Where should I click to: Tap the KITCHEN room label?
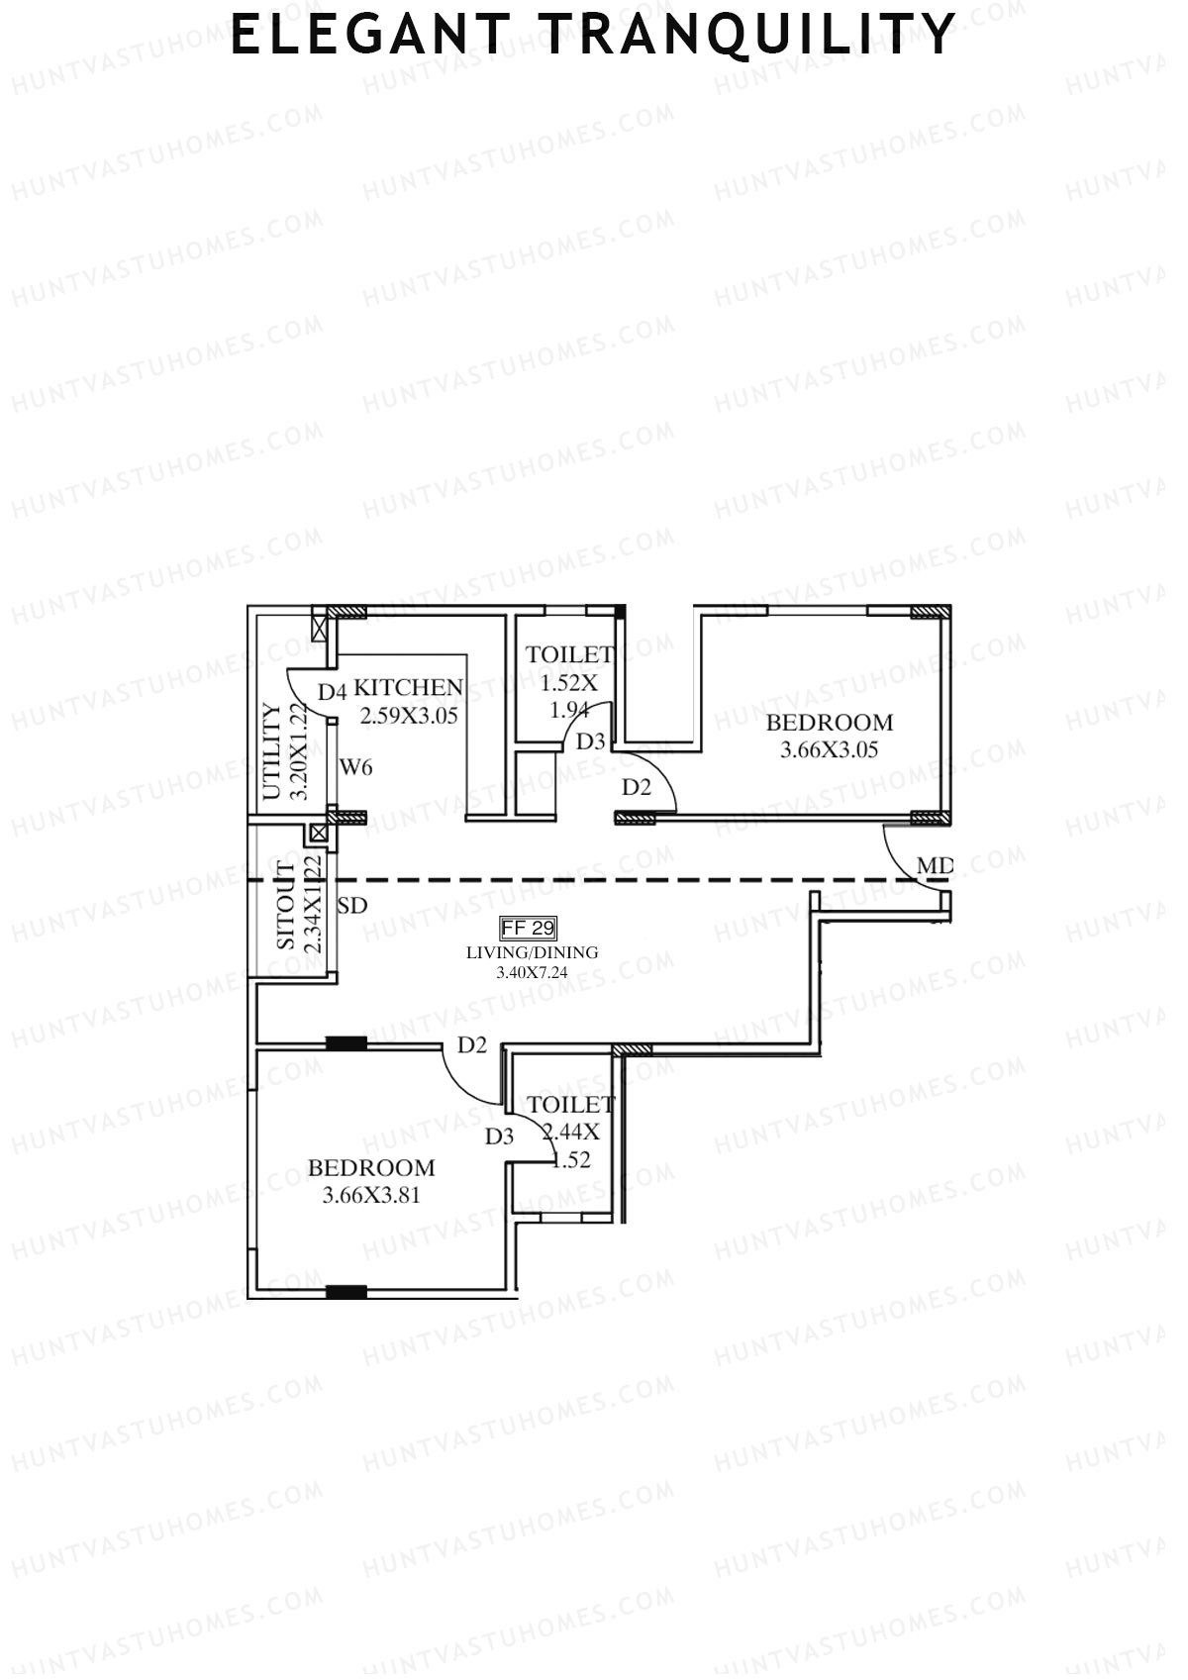click(409, 687)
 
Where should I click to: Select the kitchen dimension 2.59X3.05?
click(409, 716)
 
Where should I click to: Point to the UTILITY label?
click(271, 751)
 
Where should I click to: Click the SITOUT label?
click(285, 907)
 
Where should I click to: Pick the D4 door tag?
click(332, 691)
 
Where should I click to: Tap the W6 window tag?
click(356, 766)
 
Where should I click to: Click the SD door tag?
click(352, 905)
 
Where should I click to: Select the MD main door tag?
click(935, 867)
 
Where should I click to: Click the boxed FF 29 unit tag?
click(530, 929)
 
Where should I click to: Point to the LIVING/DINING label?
click(533, 952)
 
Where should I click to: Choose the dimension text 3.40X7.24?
click(533, 973)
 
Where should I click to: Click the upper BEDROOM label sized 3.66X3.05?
click(830, 722)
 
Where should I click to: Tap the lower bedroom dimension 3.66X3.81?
click(371, 1195)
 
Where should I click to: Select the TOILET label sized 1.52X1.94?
click(569, 654)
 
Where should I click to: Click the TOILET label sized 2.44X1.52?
click(571, 1105)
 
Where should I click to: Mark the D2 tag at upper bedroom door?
click(637, 788)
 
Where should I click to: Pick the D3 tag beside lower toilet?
click(500, 1136)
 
